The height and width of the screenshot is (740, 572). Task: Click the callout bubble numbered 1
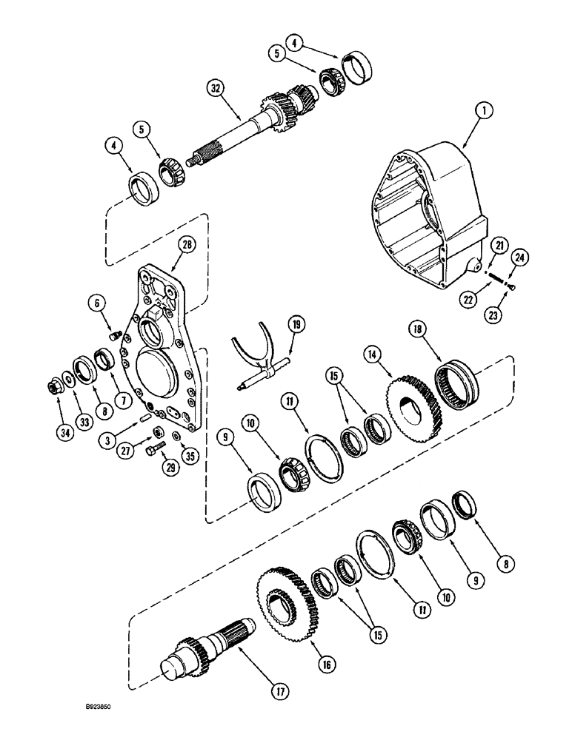[x=482, y=112]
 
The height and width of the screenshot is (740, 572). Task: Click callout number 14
[x=370, y=354]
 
